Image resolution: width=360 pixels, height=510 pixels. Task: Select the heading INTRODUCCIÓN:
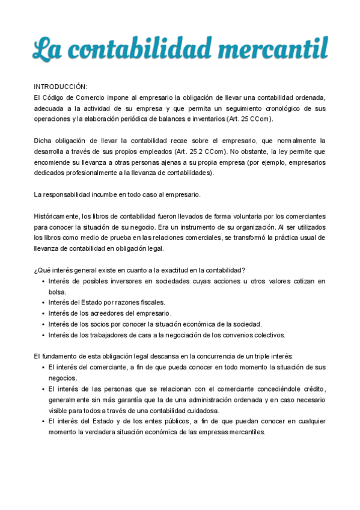tap(60, 87)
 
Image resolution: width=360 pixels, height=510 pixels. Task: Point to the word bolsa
tap(57, 292)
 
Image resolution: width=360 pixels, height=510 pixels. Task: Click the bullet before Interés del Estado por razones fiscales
tap(42, 303)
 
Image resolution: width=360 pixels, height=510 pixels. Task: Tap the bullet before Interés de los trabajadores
tap(42, 335)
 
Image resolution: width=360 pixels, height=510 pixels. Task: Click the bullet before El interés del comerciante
tap(42, 367)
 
